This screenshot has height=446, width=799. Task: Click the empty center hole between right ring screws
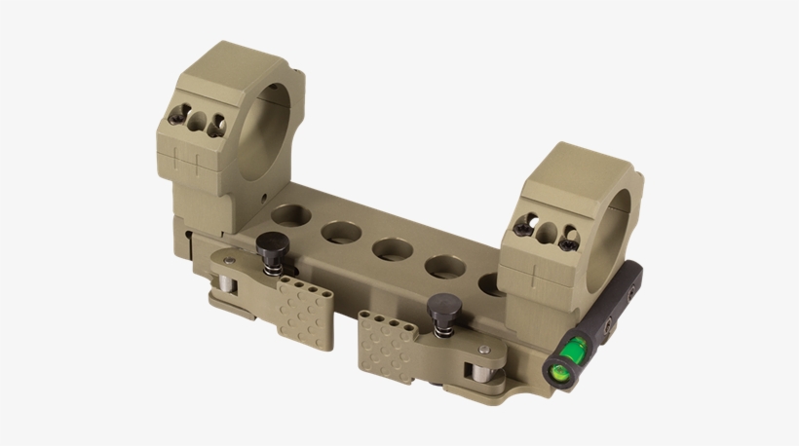click(547, 232)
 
